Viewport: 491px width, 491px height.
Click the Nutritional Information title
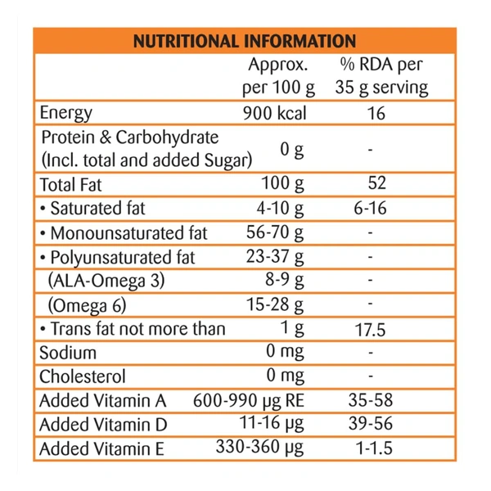244,41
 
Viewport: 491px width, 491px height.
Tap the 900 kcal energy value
274,113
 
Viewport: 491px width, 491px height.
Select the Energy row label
65,113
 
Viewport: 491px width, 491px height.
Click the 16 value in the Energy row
376,113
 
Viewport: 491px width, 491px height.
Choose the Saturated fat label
92,208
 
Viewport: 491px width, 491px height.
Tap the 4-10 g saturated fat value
279,208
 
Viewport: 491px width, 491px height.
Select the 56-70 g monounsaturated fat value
275,232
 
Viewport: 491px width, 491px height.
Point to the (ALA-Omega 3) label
106,281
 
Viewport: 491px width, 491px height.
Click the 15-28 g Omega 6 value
275,305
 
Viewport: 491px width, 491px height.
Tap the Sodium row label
68,353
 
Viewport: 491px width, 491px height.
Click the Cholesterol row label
83,377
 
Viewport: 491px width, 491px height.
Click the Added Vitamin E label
103,449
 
